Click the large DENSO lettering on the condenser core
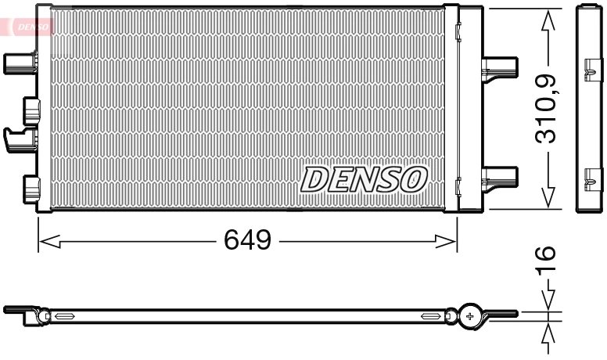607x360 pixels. tap(363, 178)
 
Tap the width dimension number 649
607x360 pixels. tap(248, 240)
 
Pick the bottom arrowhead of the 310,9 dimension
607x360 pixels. tap(547, 198)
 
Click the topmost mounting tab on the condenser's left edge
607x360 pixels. tap(20, 62)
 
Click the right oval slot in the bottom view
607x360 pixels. tap(431, 316)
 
